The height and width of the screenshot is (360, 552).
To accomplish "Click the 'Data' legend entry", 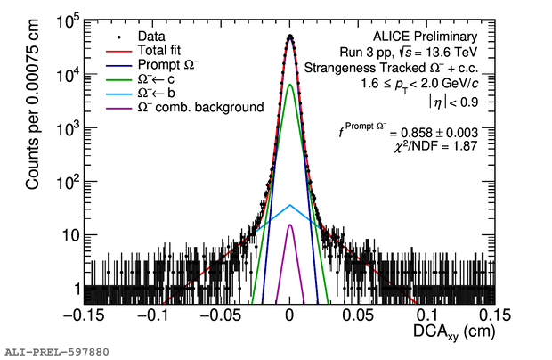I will click(x=151, y=37).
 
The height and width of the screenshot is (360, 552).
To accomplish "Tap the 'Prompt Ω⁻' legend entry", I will click(x=167, y=65).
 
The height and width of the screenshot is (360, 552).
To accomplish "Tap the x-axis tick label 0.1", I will click(x=427, y=315).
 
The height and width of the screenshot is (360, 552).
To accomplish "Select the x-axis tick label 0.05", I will click(x=358, y=315).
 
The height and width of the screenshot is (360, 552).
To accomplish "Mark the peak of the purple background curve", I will click(x=290, y=225).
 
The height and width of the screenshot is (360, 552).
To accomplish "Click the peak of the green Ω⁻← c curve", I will click(x=290, y=85).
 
